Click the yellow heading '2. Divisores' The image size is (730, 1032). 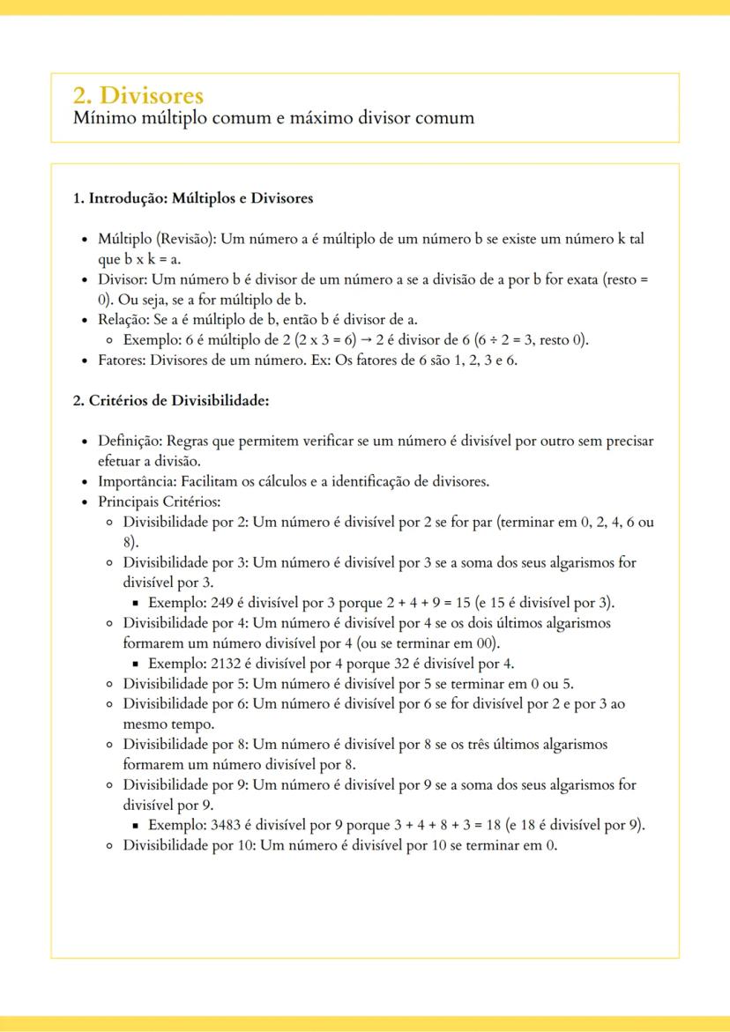138,95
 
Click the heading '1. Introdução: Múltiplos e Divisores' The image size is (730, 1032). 192,198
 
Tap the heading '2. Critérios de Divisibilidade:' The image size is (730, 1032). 170,401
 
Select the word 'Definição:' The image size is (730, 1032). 130,441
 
